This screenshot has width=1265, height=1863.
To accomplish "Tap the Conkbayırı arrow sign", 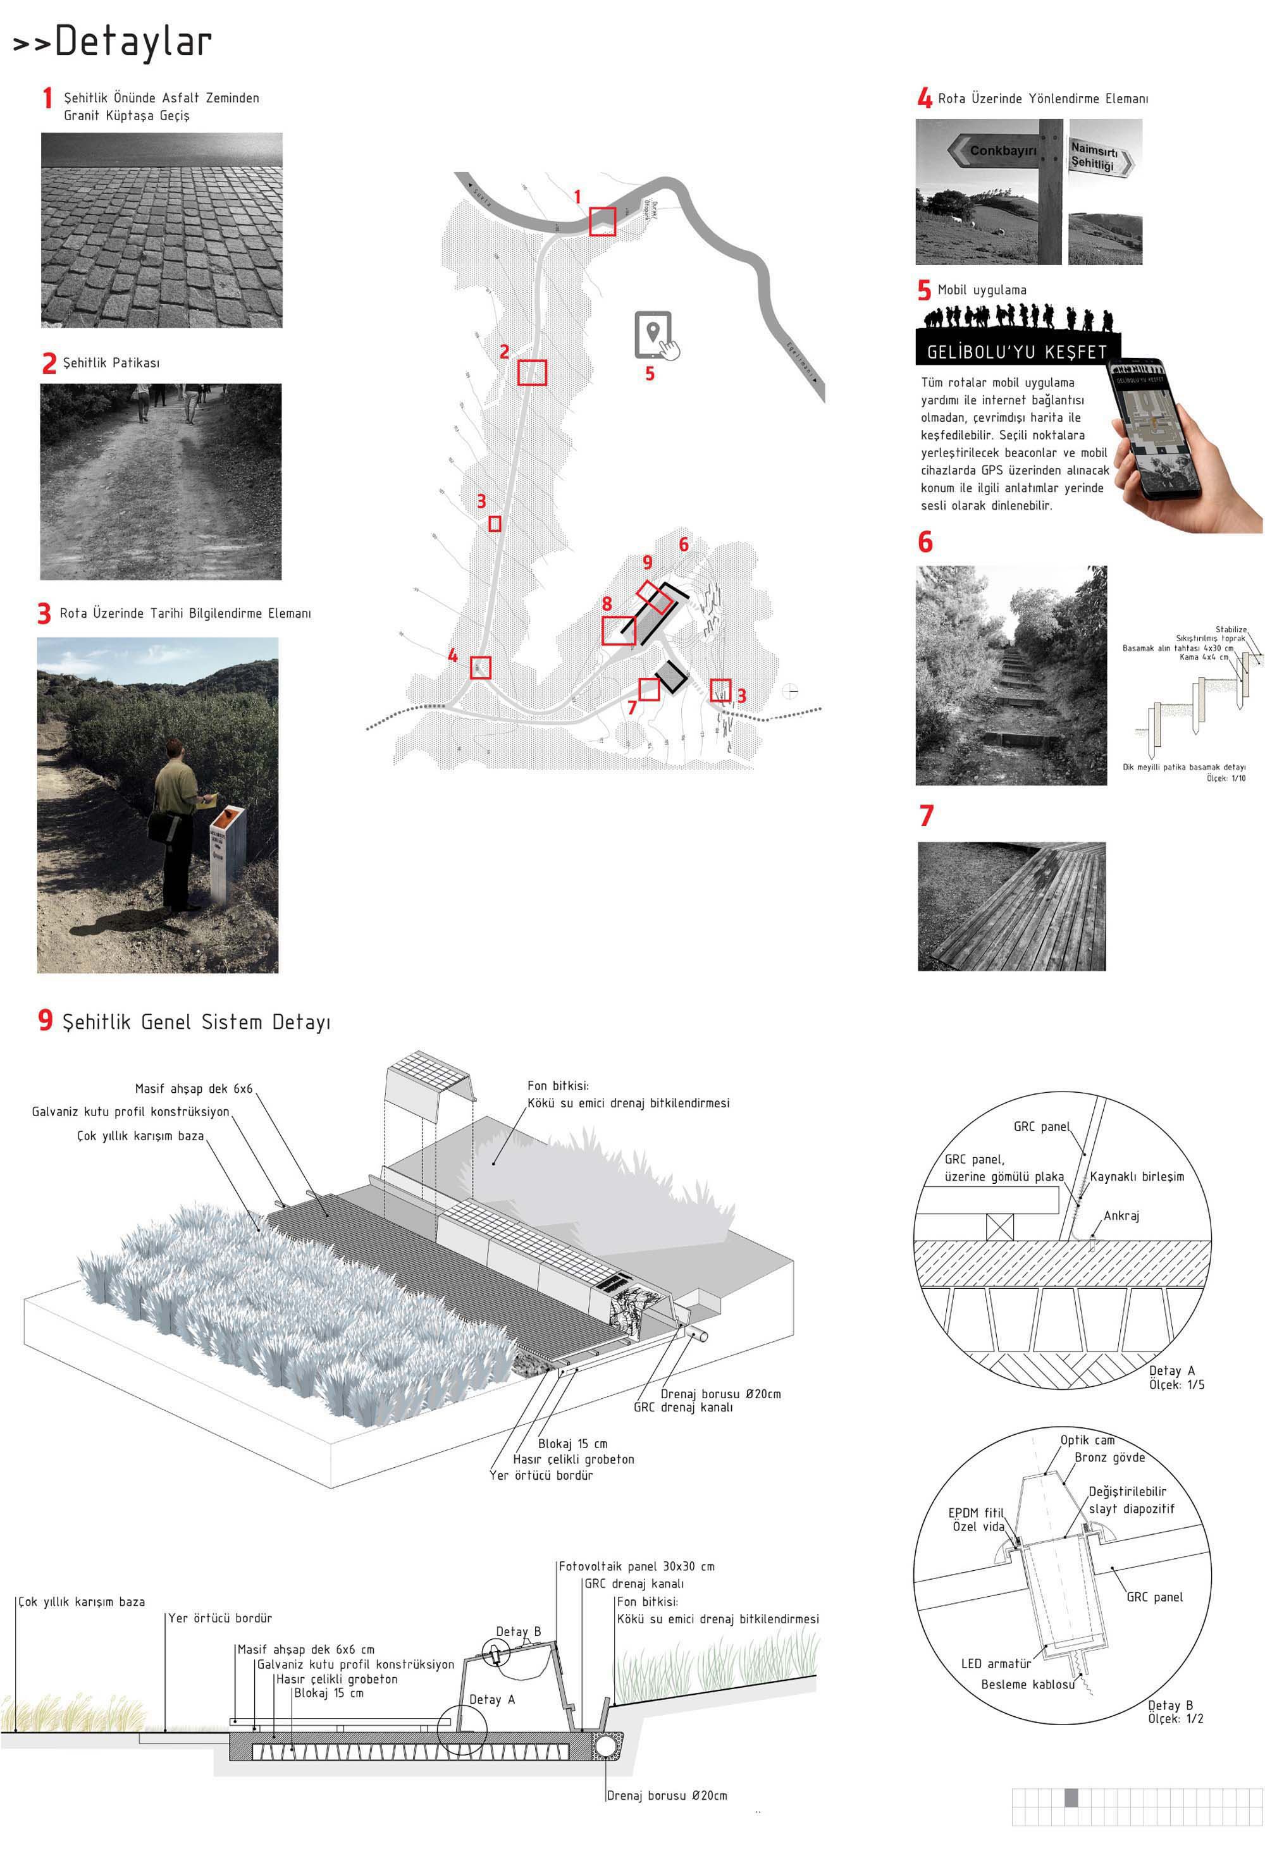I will coord(994,150).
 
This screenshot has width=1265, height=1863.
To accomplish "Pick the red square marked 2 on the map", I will coord(531,372).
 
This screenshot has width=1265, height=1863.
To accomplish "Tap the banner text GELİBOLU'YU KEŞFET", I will coord(1016,352).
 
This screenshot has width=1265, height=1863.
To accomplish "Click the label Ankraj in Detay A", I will coord(1121,1216).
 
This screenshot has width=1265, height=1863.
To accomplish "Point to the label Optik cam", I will coord(1087,1440).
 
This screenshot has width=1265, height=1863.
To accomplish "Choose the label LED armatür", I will coord(996,1663).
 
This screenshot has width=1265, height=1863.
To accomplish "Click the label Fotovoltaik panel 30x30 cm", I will coord(636,1566).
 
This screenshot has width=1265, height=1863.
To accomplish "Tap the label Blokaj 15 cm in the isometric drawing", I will coord(572,1443).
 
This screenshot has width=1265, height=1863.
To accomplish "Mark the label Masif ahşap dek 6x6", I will coord(193,1088).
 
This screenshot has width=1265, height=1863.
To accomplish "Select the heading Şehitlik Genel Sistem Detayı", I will coord(195,1022).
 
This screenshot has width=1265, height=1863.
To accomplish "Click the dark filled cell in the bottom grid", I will coord(1071,1798).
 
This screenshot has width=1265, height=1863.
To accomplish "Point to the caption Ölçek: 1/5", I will coord(1176,1384).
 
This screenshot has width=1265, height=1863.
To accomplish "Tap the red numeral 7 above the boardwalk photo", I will coord(926,815).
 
